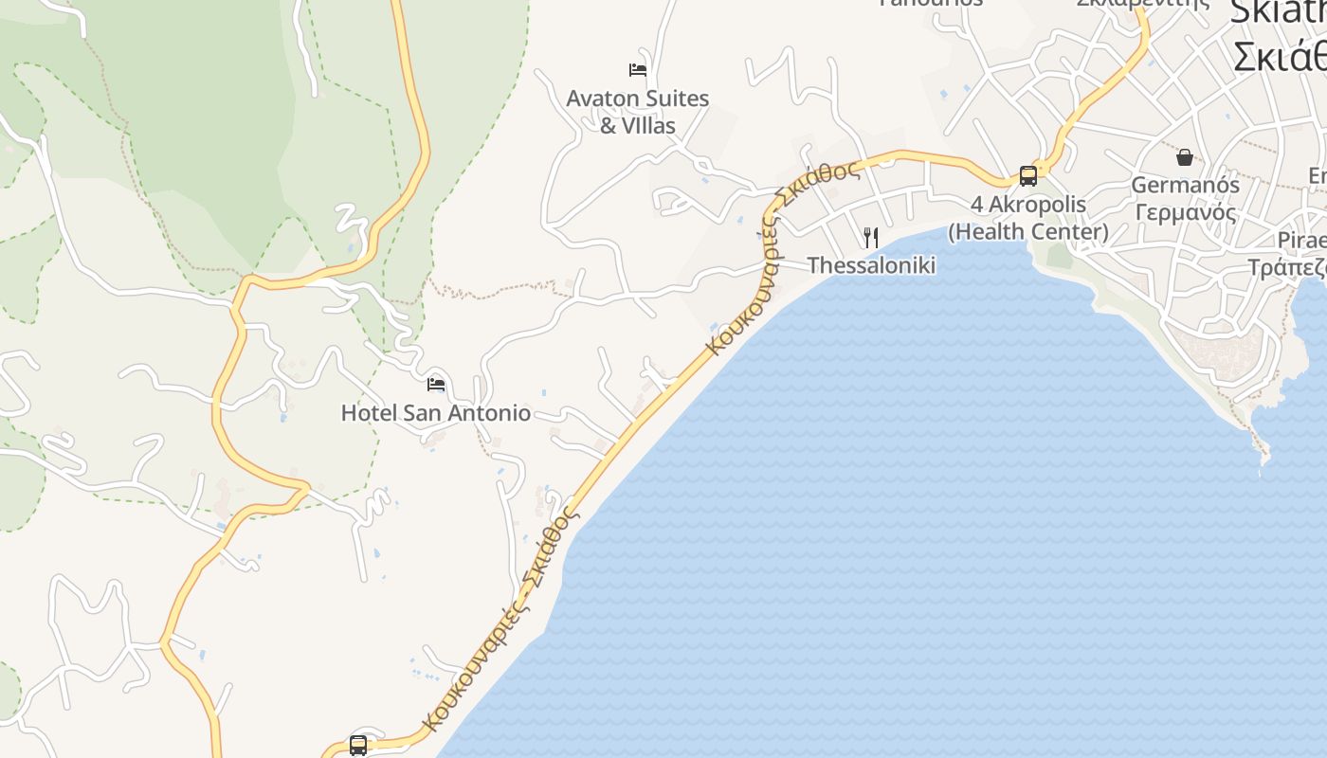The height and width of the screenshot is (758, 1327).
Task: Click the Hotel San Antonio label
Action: coord(435,413)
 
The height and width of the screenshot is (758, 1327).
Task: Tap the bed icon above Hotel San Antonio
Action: coord(436,384)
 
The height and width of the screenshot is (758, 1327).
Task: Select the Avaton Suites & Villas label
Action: coord(637,111)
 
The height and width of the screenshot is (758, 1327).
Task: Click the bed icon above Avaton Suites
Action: coord(638,69)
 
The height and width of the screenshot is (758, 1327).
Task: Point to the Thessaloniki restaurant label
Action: coord(871,265)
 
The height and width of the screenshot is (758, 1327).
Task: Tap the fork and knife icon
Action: coord(871,237)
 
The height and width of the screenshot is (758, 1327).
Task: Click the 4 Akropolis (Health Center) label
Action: coord(1027,218)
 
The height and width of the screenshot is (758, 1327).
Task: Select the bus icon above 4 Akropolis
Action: coord(1028,175)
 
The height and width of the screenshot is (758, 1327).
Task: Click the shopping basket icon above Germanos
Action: coord(1185,156)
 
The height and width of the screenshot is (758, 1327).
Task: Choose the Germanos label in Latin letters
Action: coord(1185,185)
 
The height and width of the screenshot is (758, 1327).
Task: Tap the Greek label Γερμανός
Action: coord(1185,211)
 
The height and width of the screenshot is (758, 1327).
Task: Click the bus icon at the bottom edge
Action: coord(358,746)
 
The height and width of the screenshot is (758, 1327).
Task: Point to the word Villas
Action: coord(649,125)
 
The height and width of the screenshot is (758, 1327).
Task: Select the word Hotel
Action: coord(369,413)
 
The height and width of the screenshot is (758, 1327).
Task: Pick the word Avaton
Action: coord(602,99)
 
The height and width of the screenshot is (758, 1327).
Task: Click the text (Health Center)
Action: coord(1027,232)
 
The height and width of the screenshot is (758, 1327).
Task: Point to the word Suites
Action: coord(676,99)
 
